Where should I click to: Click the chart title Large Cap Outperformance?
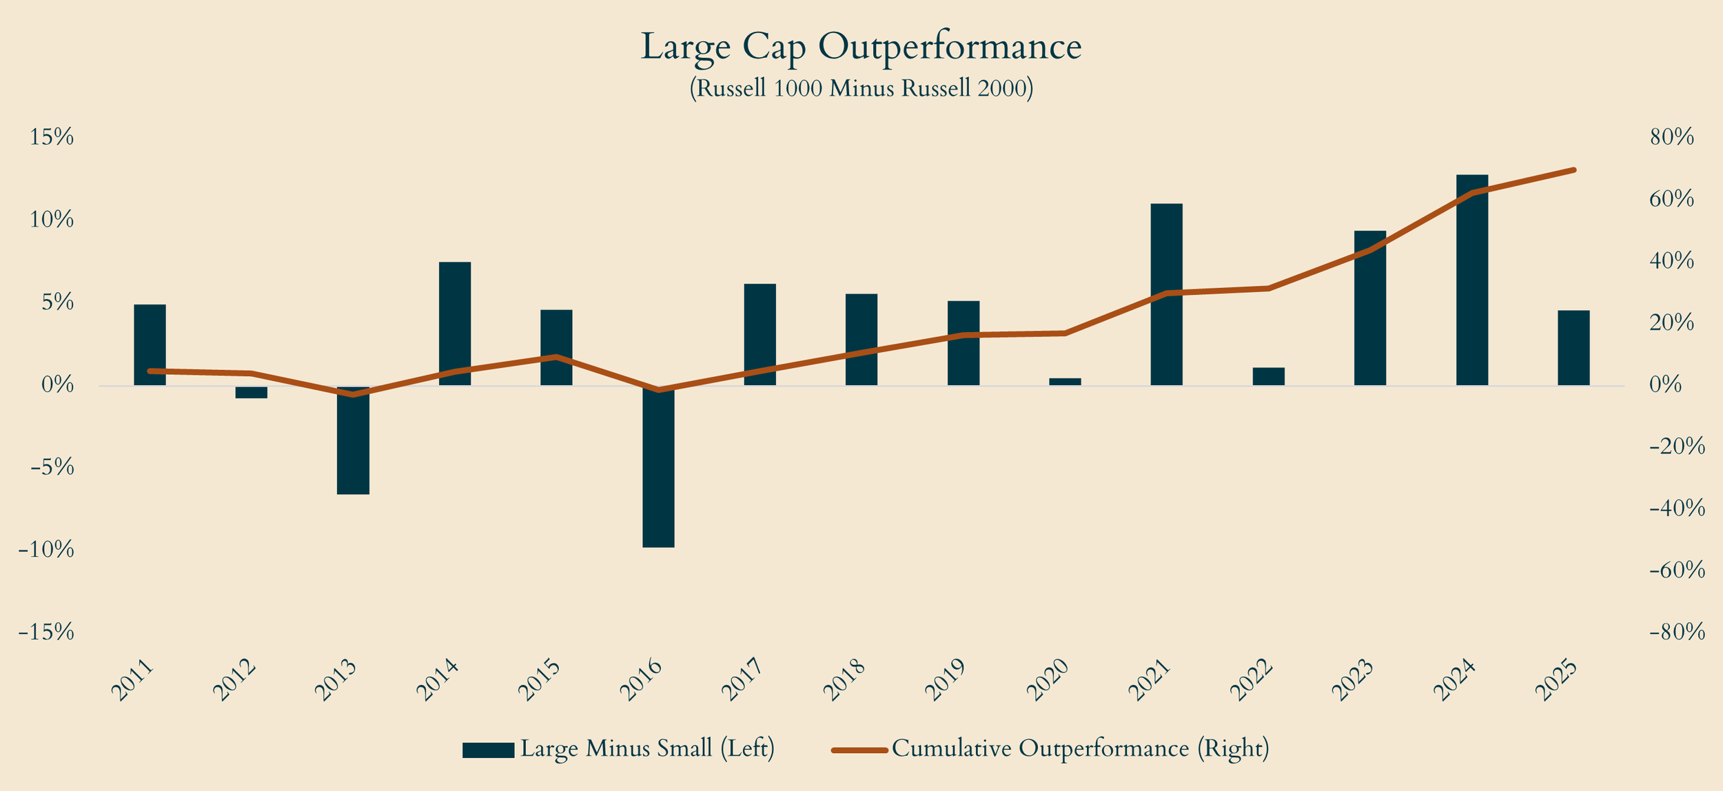tap(861, 47)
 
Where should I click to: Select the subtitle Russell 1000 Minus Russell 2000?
tap(861, 89)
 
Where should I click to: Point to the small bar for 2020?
tap(1065, 381)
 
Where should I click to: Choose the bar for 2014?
tap(455, 323)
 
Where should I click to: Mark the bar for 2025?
tap(1573, 347)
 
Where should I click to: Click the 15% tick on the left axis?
tap(51, 138)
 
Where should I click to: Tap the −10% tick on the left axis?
tap(46, 550)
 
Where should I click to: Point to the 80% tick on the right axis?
tap(1672, 138)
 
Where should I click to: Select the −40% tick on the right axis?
tap(1677, 508)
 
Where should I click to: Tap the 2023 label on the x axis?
tap(1354, 680)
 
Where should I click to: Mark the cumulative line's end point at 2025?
tap(1573, 169)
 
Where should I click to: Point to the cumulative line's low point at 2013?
tap(353, 395)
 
